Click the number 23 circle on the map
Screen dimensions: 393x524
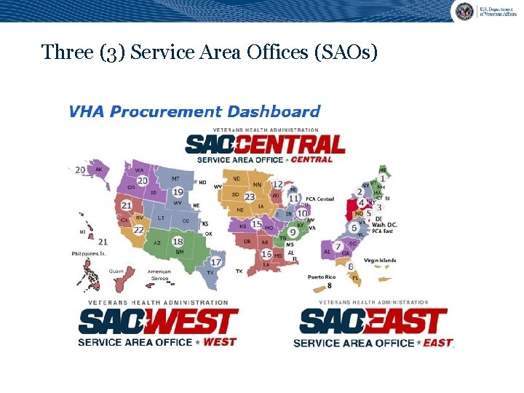tap(250, 196)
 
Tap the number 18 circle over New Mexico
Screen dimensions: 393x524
tap(178, 242)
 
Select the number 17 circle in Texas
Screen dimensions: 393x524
tap(216, 262)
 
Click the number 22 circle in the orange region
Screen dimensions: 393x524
tap(138, 230)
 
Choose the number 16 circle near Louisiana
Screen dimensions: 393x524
tap(267, 254)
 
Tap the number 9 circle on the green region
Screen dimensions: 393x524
tap(292, 232)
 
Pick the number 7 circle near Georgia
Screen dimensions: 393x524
tap(338, 247)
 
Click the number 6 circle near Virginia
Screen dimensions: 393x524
tap(354, 228)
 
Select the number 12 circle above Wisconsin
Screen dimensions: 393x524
tap(277, 185)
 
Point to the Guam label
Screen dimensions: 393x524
tap(116, 270)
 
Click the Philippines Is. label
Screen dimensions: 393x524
tap(89, 254)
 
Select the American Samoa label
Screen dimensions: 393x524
tap(159, 275)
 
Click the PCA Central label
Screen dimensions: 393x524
tap(319, 199)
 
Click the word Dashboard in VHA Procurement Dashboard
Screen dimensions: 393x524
tap(274, 112)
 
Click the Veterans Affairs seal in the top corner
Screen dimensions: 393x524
tap(464, 11)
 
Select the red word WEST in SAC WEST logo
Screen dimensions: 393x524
tap(220, 341)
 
